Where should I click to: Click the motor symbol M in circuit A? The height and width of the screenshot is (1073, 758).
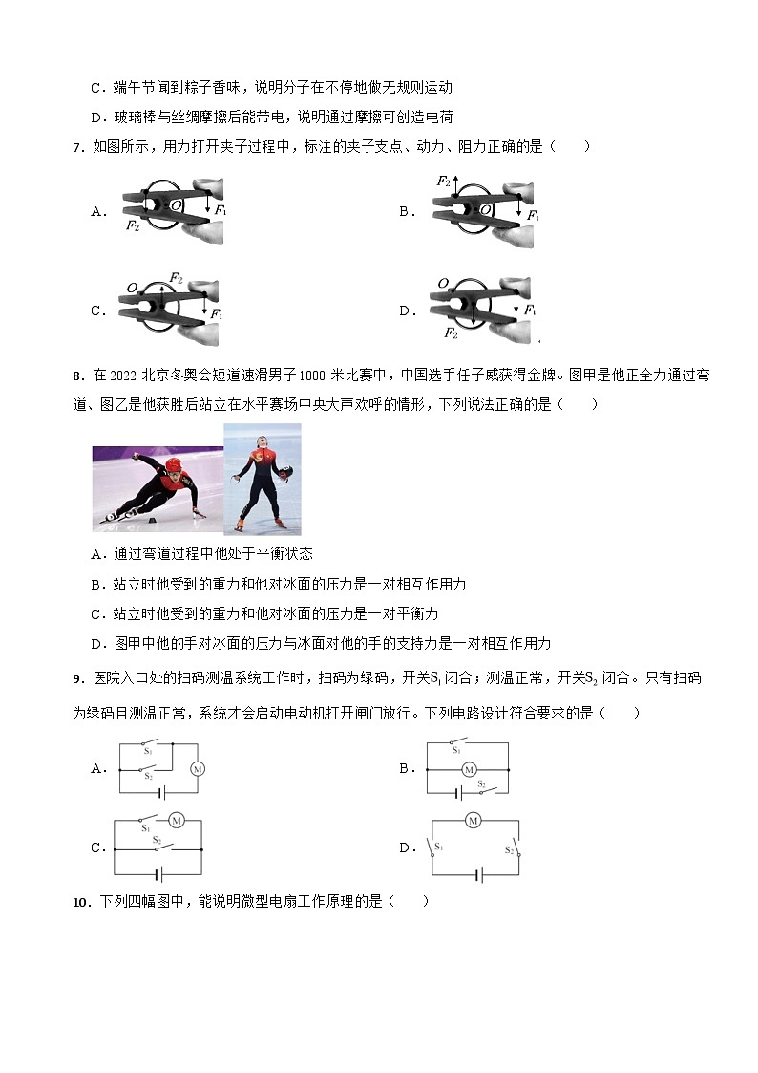click(x=199, y=768)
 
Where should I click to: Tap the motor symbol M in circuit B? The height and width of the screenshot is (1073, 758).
click(x=468, y=769)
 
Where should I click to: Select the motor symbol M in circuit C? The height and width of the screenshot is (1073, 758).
click(x=177, y=820)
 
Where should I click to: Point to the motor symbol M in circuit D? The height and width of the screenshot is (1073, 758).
click(x=473, y=820)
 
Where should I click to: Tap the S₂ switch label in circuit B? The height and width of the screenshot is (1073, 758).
click(x=482, y=783)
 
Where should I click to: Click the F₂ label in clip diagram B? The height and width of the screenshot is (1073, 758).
click(x=443, y=181)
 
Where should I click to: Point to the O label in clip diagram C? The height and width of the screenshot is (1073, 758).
click(x=132, y=288)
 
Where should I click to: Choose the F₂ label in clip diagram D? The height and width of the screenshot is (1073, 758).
click(x=452, y=333)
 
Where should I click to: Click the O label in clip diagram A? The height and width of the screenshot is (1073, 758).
click(x=176, y=205)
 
